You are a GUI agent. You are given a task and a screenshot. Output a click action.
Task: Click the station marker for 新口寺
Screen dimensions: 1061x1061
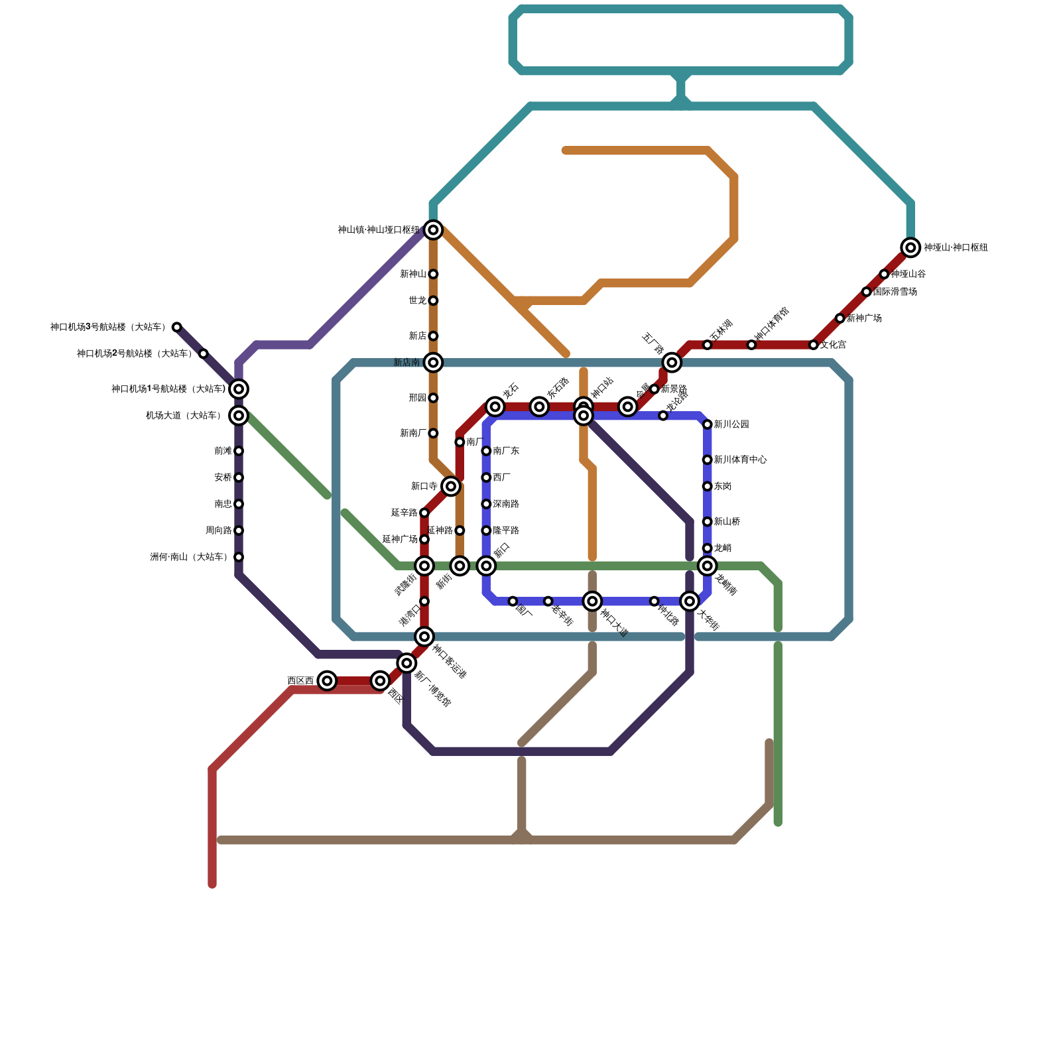click(451, 486)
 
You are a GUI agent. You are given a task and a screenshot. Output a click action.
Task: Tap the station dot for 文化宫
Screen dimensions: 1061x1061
click(814, 345)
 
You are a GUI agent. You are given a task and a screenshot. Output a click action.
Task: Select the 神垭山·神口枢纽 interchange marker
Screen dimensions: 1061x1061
click(910, 247)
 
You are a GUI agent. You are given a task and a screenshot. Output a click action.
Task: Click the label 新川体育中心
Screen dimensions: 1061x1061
click(740, 460)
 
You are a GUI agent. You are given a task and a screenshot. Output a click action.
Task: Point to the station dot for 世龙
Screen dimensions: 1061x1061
click(433, 300)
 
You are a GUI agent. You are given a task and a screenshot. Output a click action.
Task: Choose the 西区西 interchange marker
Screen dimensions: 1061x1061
click(327, 680)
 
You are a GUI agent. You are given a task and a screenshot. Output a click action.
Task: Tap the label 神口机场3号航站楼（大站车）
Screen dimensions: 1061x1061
click(107, 327)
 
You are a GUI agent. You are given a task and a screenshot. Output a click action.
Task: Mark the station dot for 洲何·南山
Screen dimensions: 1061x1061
click(239, 557)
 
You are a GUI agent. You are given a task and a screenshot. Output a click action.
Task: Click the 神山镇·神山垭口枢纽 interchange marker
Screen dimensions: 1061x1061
click(433, 230)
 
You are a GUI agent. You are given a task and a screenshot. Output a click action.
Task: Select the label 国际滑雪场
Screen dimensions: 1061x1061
click(895, 292)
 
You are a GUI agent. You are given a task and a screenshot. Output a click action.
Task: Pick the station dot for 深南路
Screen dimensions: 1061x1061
click(486, 504)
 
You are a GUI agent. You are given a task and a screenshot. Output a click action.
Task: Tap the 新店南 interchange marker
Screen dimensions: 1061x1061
click(433, 362)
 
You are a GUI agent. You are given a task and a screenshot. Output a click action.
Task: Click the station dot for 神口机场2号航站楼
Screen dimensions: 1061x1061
click(204, 353)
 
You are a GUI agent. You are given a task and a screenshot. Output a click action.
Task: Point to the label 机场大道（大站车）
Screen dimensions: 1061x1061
click(184, 416)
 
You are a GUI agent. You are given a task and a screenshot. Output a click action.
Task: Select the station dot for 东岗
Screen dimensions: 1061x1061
click(708, 486)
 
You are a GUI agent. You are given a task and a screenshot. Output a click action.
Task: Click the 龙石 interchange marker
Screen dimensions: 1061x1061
click(495, 406)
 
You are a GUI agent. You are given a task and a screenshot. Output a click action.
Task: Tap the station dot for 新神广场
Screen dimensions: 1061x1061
click(840, 318)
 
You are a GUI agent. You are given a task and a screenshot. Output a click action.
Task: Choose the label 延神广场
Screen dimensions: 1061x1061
click(400, 539)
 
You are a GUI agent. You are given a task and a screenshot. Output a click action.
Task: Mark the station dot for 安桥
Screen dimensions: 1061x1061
click(239, 477)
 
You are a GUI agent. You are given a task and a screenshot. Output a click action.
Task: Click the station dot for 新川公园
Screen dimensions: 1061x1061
click(708, 424)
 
